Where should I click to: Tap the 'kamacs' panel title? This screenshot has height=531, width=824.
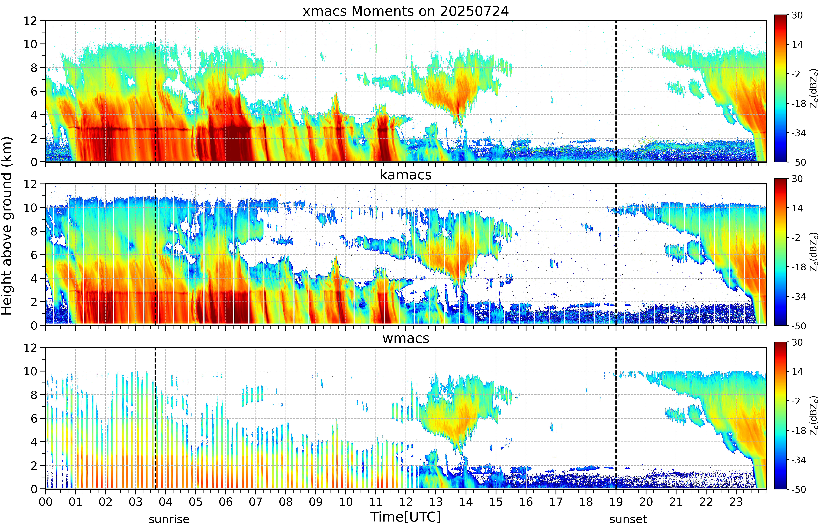[406, 175]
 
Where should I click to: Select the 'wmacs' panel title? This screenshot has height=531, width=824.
[406, 338]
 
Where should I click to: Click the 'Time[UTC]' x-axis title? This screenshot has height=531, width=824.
[406, 517]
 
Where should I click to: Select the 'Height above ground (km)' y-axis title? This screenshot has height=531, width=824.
[7, 226]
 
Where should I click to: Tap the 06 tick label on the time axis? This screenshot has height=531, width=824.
[226, 502]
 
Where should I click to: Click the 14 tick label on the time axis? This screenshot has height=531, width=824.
[466, 502]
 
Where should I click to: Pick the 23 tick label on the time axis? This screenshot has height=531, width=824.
[736, 502]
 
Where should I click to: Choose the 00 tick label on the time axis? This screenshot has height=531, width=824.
[46, 502]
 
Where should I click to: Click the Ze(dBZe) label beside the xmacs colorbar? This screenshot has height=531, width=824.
[814, 88]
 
